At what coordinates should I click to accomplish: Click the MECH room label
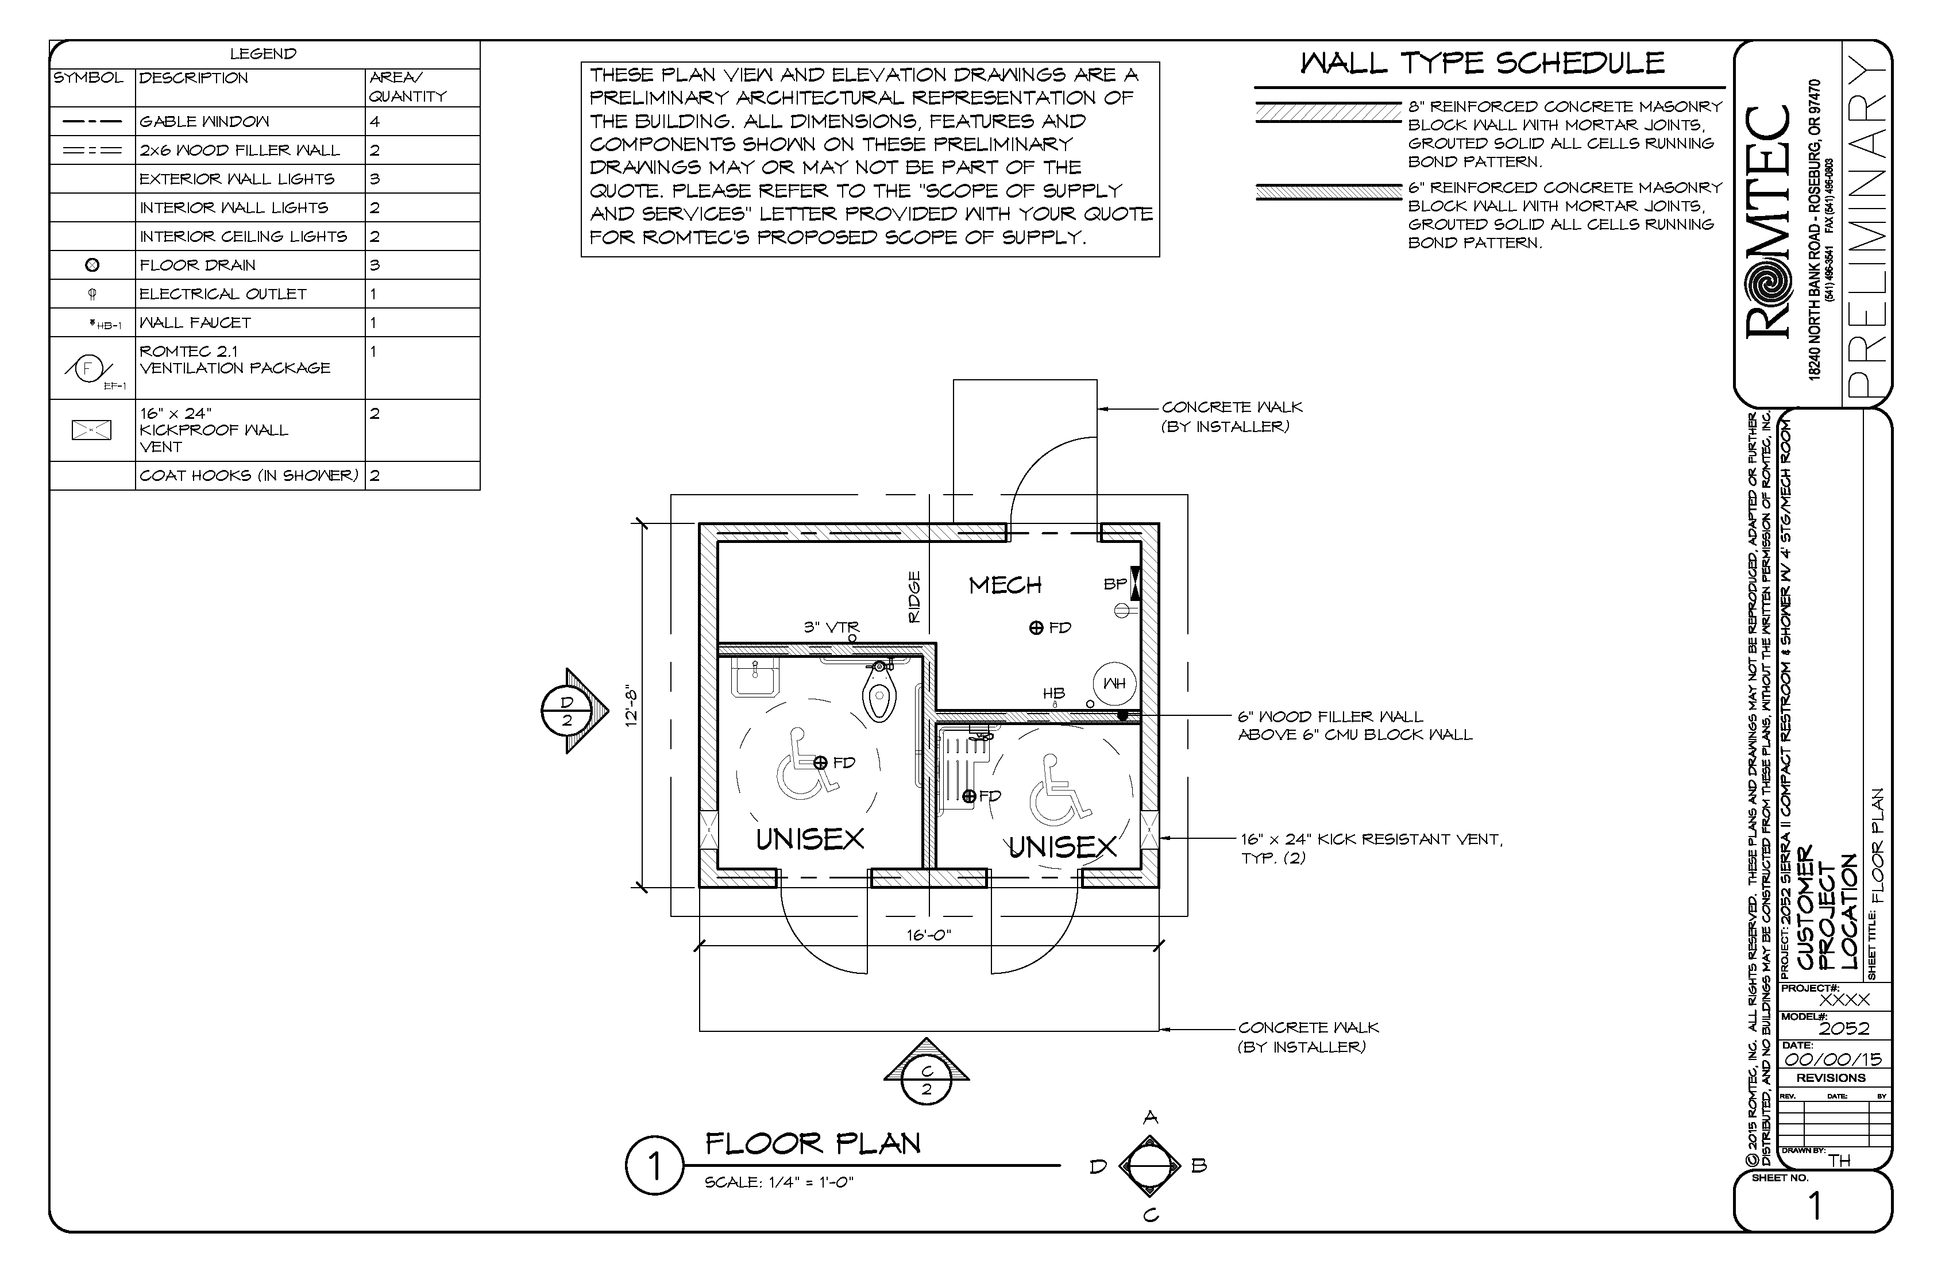(x=1005, y=585)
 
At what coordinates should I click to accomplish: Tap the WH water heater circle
(x=1114, y=683)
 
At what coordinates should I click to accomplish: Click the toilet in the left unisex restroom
(x=879, y=693)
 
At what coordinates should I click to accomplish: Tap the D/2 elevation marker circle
(x=567, y=711)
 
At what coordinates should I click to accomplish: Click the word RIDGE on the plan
(x=915, y=597)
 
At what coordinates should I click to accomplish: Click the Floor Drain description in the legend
(x=197, y=265)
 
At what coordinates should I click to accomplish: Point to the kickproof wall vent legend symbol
(x=91, y=429)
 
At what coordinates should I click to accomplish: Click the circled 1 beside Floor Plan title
(x=654, y=1166)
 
